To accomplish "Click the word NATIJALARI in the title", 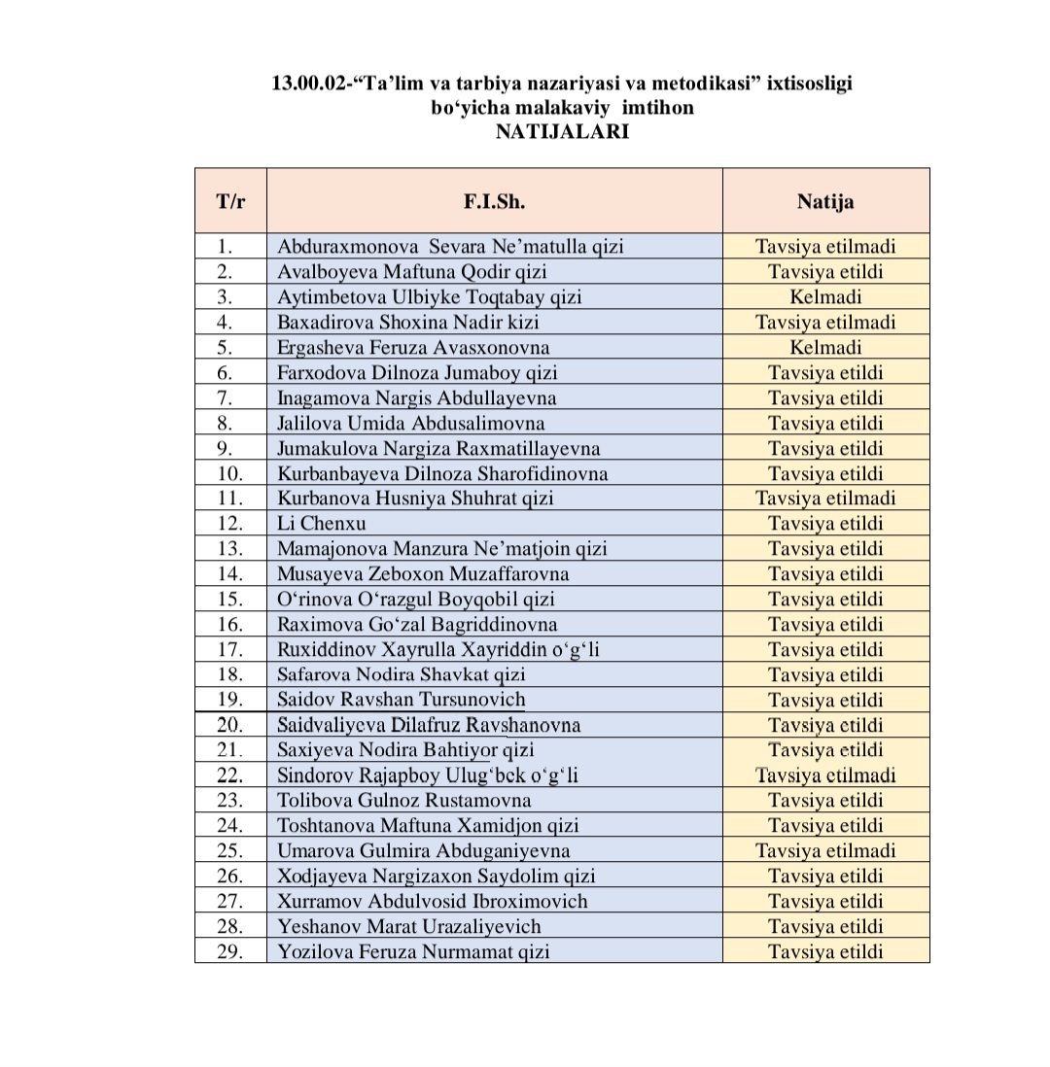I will click(x=562, y=131).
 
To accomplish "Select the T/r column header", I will click(x=230, y=201).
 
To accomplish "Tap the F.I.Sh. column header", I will click(x=494, y=201).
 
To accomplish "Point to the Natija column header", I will click(x=825, y=201).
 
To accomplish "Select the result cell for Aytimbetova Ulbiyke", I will click(x=825, y=297).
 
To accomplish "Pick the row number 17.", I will click(x=230, y=650).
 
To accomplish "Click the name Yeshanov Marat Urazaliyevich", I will click(x=409, y=926).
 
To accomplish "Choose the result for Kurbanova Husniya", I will click(x=825, y=499).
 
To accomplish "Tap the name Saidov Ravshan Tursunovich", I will click(x=401, y=700).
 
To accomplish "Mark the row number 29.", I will click(x=230, y=951).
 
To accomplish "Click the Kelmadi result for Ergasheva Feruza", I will click(x=825, y=347).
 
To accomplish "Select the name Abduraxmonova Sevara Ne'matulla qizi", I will click(x=450, y=247).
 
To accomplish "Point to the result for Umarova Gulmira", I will click(x=825, y=850).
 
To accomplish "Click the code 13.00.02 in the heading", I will click(x=309, y=85).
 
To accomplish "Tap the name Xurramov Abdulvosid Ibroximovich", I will click(x=433, y=901).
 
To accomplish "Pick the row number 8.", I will click(x=230, y=423).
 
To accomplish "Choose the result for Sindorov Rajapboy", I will click(x=825, y=775).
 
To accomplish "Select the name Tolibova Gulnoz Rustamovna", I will click(x=404, y=801).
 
